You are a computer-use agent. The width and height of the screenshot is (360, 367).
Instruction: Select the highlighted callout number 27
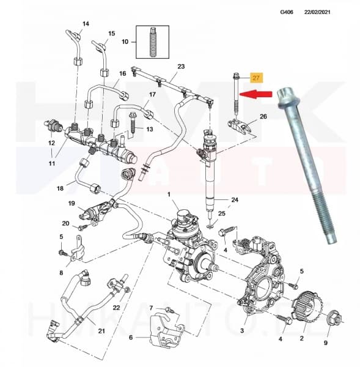257,78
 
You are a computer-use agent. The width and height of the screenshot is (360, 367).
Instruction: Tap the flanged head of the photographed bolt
286,98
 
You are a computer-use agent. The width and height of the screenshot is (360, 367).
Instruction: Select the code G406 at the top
287,12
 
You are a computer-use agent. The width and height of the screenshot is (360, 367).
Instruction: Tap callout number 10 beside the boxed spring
125,42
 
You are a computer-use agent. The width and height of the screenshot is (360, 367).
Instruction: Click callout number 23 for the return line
181,66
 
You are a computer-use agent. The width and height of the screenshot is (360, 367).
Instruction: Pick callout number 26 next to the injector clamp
264,116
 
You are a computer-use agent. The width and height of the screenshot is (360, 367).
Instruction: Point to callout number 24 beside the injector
235,200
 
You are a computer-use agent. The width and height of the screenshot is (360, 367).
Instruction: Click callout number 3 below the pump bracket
243,330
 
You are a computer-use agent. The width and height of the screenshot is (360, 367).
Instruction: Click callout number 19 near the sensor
71,204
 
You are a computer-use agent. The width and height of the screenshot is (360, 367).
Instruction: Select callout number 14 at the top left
86,24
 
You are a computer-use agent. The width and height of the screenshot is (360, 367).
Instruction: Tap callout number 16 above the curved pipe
122,74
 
